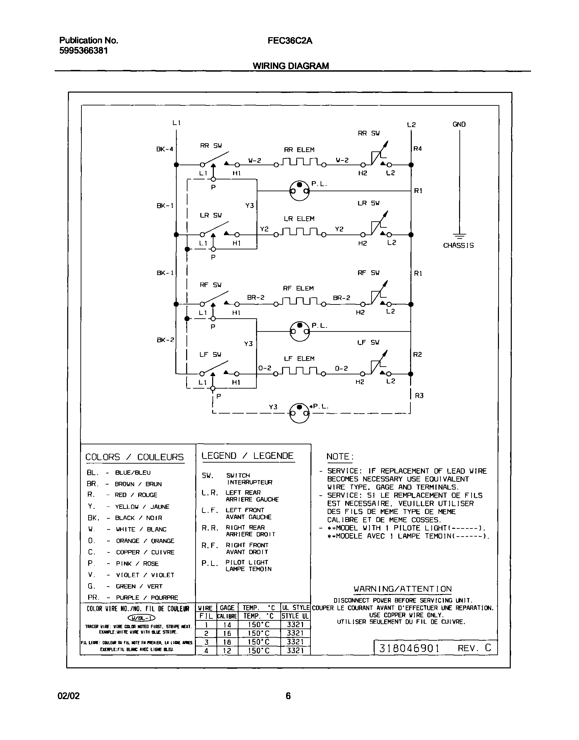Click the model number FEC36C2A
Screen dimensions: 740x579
point(289,41)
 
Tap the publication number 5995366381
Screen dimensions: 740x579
point(83,51)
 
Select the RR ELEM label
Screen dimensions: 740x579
point(299,150)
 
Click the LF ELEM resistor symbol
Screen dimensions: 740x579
point(299,371)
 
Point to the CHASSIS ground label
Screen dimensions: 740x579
point(458,246)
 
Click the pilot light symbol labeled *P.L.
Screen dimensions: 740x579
point(299,413)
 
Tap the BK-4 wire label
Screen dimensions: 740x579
point(165,149)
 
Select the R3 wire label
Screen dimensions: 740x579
point(419,395)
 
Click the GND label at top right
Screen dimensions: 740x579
point(459,124)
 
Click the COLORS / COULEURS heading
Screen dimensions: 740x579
point(134,457)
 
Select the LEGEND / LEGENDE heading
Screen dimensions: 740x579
point(248,456)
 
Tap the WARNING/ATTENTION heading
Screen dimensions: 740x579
point(402,589)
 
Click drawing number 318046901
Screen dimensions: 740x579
point(409,648)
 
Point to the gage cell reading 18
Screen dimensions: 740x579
point(227,642)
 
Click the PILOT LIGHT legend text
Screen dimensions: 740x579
point(247,562)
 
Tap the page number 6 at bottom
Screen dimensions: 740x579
point(288,696)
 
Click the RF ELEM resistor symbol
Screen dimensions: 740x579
point(299,301)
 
